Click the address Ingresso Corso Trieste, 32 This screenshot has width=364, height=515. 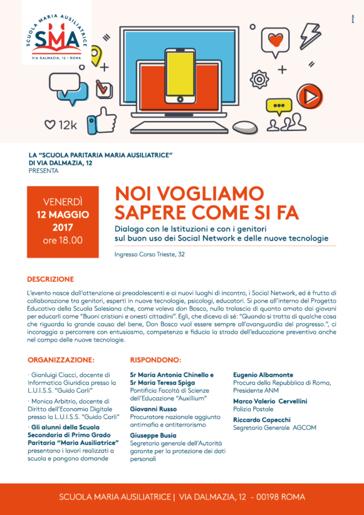[x=150, y=255]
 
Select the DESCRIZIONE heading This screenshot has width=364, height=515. [x=51, y=279]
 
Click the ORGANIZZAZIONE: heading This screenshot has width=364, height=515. [x=61, y=360]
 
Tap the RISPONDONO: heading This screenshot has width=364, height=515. [x=155, y=360]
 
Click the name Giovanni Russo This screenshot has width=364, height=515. [x=153, y=410]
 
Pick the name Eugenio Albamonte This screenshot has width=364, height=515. [x=263, y=375]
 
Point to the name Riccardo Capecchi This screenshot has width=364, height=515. [x=261, y=419]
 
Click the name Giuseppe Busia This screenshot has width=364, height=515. [x=153, y=435]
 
